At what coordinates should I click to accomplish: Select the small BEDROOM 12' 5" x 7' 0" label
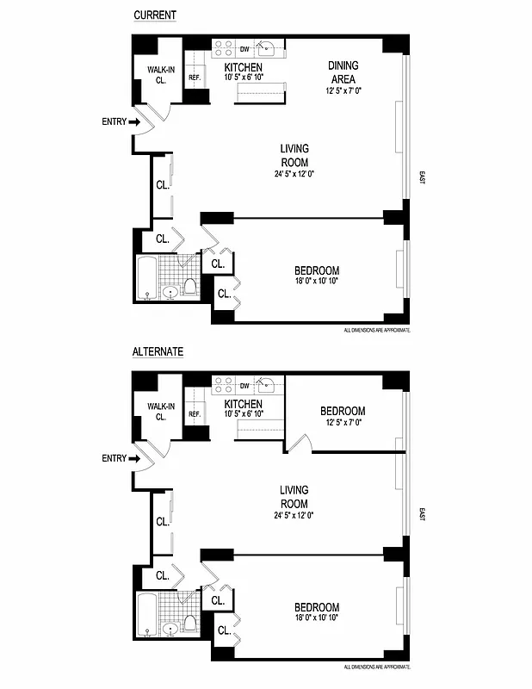[343, 417]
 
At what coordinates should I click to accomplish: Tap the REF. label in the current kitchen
[195, 78]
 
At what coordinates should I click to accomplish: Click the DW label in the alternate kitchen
[244, 385]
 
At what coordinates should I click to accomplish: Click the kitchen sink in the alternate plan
[267, 385]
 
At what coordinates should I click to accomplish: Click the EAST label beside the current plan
[422, 178]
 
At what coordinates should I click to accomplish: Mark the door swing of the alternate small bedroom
[299, 443]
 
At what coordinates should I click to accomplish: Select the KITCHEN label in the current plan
[244, 68]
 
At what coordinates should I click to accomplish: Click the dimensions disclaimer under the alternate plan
[376, 667]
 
